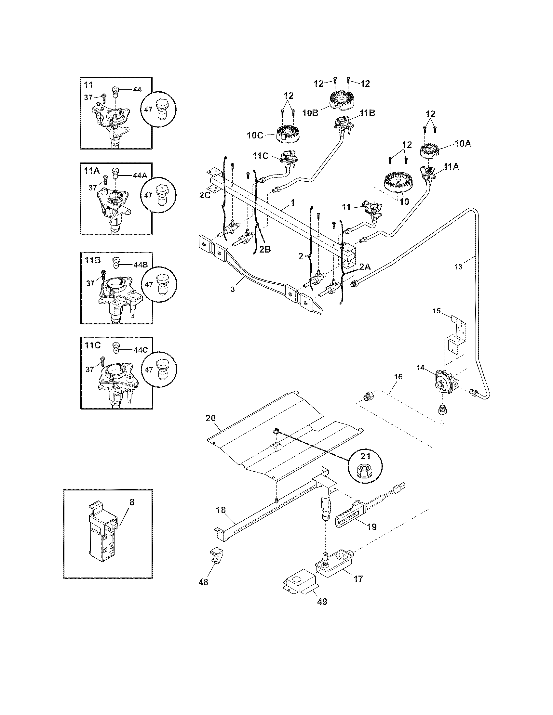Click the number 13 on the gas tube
[x=458, y=267]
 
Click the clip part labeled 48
[x=216, y=555]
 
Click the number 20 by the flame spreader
[x=211, y=418]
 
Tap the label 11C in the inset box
[x=92, y=345]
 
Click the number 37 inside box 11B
[x=90, y=284]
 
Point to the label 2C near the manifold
[x=205, y=195]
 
